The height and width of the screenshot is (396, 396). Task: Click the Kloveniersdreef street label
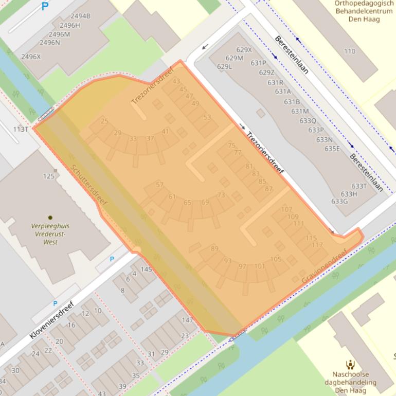[x=51, y=319]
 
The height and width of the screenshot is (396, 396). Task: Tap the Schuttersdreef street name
[x=89, y=186]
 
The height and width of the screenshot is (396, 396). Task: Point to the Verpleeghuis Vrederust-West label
[x=50, y=233]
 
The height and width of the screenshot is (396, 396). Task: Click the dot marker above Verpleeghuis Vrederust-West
[x=50, y=218]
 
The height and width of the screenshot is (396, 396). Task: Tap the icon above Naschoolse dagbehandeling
[x=350, y=365]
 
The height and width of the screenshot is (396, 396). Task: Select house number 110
[x=349, y=51]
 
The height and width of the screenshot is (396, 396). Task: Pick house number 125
[x=48, y=176]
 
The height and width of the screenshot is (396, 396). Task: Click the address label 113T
[x=21, y=129]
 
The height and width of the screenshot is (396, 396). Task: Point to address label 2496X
[x=31, y=57]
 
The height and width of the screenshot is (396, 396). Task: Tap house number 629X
[x=244, y=50]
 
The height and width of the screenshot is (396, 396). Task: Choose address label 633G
[x=339, y=201]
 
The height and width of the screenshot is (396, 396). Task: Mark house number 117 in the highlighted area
[x=317, y=245]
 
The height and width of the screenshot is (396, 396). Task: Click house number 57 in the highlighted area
[x=159, y=185]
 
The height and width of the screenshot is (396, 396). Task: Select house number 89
[x=214, y=248]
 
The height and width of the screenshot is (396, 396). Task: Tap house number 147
[x=187, y=320]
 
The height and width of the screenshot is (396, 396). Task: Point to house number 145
[x=146, y=269]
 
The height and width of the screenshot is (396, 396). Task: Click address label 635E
[x=332, y=149]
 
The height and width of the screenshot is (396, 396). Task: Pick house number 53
[x=207, y=117]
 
